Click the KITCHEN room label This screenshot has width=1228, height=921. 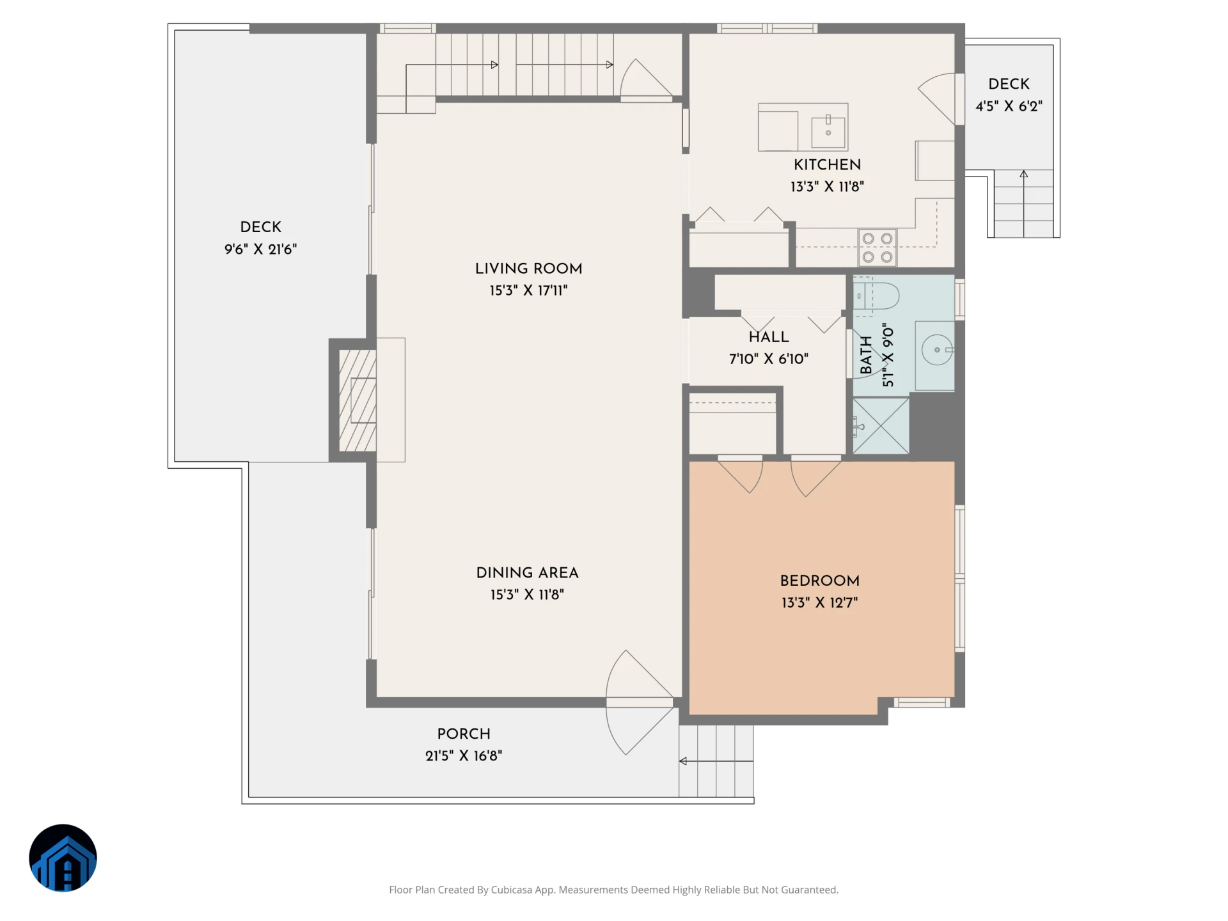(827, 165)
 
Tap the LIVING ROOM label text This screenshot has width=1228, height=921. (528, 269)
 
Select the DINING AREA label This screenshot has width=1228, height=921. (527, 573)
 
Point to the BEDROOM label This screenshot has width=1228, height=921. (819, 581)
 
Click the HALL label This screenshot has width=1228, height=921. (769, 337)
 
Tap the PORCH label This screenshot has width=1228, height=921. (464, 734)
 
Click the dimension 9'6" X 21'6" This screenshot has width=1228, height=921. (260, 249)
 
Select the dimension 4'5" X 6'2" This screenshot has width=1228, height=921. (1009, 106)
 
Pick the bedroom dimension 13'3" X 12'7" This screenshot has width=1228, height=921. (819, 602)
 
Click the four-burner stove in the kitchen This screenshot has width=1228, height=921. (877, 248)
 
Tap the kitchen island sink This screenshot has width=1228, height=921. (828, 132)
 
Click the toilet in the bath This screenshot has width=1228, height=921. (876, 296)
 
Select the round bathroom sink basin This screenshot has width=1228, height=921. (937, 350)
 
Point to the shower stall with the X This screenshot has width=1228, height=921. (881, 426)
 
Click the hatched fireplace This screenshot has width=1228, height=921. (357, 400)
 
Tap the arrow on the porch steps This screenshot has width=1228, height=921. (716, 761)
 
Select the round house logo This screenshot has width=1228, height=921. (63, 858)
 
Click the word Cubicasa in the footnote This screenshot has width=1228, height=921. (511, 890)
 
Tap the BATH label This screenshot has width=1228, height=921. (866, 355)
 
